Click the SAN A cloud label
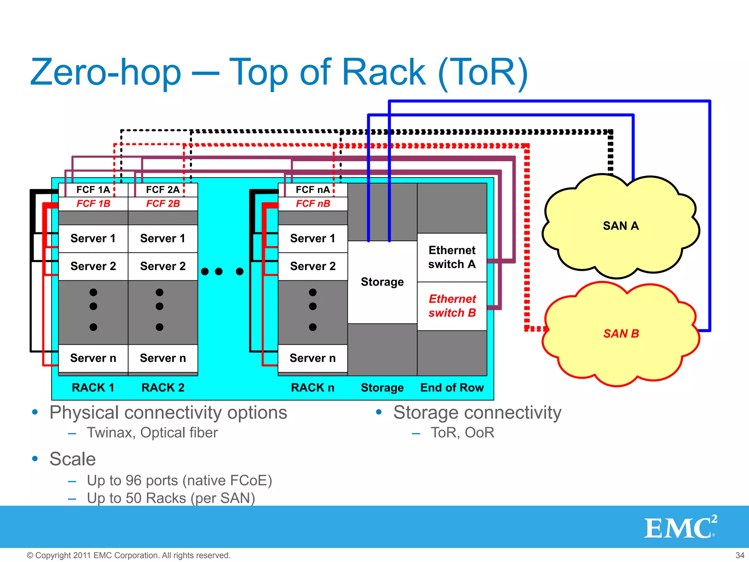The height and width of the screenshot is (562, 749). (621, 226)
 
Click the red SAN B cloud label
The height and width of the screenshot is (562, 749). (621, 333)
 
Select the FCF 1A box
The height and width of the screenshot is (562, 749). (93, 190)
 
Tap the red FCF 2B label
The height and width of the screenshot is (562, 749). (163, 203)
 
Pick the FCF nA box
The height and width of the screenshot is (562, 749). (313, 190)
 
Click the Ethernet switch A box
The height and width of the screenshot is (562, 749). (452, 257)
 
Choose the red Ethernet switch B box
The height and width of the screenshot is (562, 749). (452, 306)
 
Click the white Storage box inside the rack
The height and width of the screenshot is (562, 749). (382, 282)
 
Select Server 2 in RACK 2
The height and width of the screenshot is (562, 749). (163, 266)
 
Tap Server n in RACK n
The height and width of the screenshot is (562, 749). (313, 358)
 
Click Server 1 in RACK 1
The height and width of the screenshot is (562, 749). (93, 238)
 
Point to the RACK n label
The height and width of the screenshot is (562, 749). (313, 387)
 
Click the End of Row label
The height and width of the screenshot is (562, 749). (452, 387)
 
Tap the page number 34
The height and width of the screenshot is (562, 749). (739, 555)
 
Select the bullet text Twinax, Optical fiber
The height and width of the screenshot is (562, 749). (152, 432)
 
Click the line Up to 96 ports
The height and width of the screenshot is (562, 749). (179, 480)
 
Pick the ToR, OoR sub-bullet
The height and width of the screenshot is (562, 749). (462, 432)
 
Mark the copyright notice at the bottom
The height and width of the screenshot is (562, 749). (128, 555)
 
